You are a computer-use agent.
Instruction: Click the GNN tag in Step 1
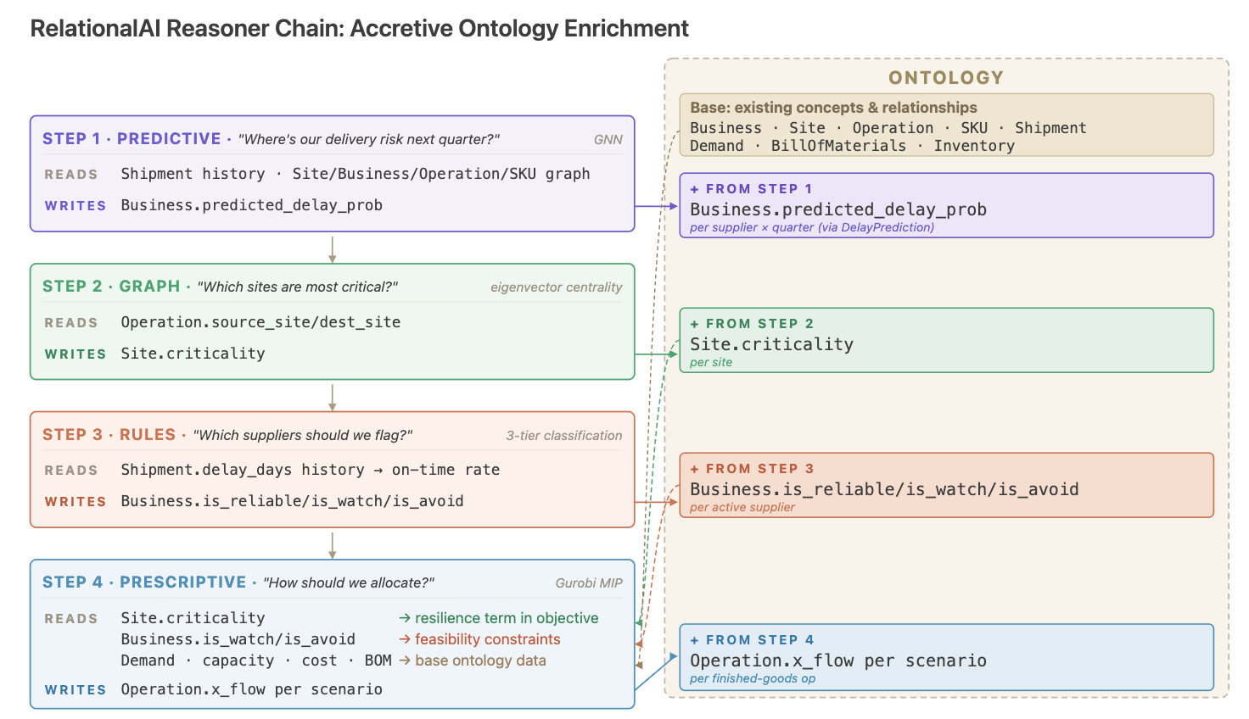(x=608, y=139)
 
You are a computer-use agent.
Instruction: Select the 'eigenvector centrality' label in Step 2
(x=556, y=287)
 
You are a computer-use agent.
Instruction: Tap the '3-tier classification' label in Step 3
(x=563, y=435)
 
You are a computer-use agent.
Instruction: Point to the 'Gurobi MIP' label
(x=589, y=583)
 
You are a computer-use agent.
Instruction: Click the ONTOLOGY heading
(x=946, y=77)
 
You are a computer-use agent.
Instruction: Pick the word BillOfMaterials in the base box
(x=838, y=146)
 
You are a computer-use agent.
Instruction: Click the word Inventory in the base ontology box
(x=974, y=146)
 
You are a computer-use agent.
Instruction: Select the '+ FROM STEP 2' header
(x=752, y=324)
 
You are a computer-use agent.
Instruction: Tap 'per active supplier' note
(x=742, y=507)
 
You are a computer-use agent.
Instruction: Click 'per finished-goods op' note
(x=752, y=678)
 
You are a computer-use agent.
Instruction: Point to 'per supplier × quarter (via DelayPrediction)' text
(x=812, y=227)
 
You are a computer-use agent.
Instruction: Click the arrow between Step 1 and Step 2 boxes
(x=333, y=249)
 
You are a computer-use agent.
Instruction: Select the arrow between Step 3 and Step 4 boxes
(x=333, y=546)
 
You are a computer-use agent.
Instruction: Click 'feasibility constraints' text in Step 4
(x=487, y=639)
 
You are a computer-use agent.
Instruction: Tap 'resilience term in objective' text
(x=507, y=618)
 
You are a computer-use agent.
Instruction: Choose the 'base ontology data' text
(x=480, y=660)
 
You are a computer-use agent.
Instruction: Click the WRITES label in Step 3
(x=76, y=502)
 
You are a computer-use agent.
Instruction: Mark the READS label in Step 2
(x=71, y=323)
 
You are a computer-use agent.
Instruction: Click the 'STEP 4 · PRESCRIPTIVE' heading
(x=144, y=582)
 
